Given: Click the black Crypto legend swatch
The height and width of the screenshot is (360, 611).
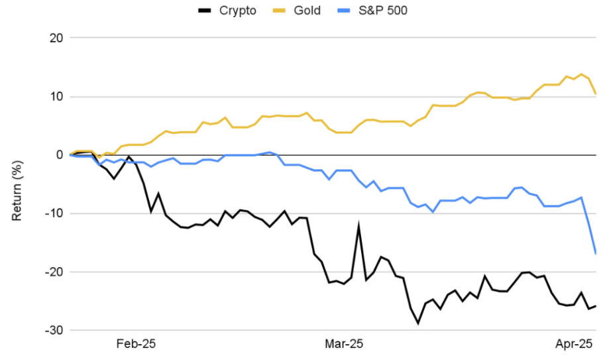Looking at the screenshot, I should (206, 11).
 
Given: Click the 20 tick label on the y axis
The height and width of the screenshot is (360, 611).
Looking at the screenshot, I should (56, 38).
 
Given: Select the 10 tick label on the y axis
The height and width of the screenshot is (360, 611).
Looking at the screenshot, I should (56, 97).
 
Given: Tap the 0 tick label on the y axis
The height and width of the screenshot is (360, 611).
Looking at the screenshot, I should (59, 155).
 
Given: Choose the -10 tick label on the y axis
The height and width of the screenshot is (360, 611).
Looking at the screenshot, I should (54, 213).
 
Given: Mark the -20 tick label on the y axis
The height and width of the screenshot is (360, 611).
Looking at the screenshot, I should (54, 272).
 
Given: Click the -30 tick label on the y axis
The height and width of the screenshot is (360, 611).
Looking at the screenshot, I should (54, 330).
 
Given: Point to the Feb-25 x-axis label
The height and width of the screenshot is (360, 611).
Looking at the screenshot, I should (136, 344).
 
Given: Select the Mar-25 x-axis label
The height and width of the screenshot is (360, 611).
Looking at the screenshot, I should (343, 344).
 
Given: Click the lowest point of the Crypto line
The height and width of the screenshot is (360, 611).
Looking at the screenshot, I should (418, 324).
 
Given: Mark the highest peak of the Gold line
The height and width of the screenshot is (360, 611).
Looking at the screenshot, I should (582, 74).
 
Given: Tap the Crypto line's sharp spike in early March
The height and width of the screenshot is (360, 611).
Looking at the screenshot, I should (359, 227).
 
